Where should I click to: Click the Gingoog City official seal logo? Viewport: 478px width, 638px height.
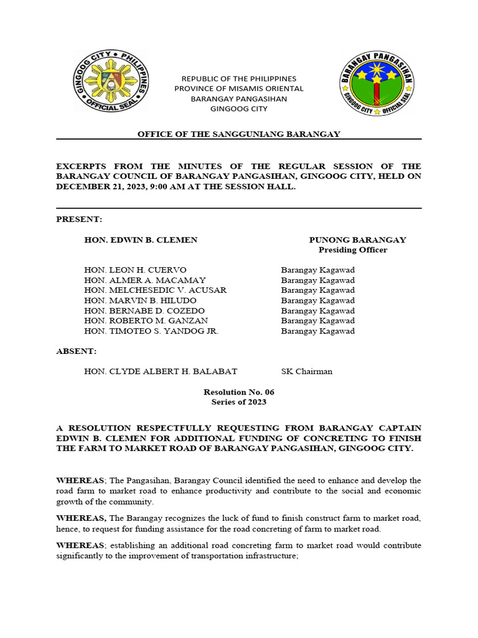coord(110,82)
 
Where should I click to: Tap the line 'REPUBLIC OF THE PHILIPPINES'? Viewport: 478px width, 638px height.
coord(238,79)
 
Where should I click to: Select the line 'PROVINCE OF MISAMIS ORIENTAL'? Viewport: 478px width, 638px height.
coord(238,88)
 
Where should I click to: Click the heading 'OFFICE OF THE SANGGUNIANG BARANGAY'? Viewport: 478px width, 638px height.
coord(238,134)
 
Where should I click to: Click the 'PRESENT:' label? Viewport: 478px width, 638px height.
coord(79,219)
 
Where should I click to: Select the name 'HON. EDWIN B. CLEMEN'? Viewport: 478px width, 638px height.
coord(141,240)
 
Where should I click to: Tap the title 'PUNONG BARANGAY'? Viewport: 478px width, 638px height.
coord(357,240)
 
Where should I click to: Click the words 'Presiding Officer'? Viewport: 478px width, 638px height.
coord(353,250)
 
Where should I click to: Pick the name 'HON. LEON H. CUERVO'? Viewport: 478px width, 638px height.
coord(135,270)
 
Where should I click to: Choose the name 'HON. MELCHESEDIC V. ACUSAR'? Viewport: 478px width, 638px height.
coord(155,290)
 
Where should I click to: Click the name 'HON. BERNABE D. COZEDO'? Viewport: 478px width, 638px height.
coord(144,310)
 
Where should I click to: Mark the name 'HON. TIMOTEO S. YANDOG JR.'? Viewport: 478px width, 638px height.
coord(151,331)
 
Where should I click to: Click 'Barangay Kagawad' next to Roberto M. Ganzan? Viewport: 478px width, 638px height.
coord(317,321)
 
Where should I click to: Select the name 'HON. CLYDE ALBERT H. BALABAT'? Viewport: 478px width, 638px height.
coord(161,371)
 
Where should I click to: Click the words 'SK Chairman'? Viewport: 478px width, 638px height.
coord(306,371)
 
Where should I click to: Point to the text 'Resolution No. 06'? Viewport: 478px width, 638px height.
coord(238,392)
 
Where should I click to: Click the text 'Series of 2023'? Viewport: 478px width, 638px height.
coord(238,402)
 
